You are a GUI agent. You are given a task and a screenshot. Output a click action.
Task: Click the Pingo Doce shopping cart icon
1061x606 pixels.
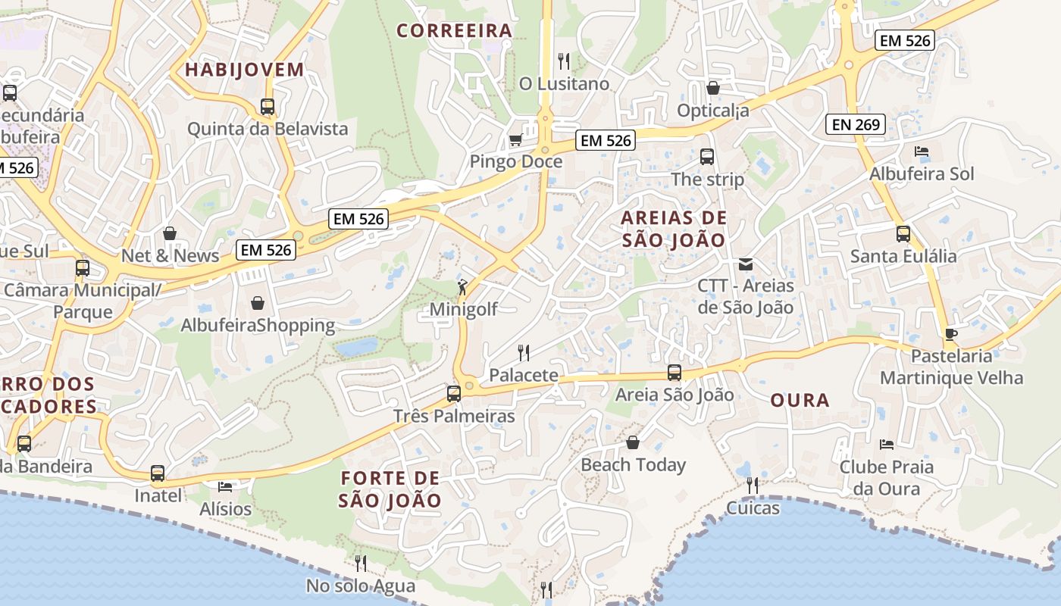(x=515, y=139)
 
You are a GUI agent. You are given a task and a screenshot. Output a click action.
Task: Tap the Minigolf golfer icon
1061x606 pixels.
(x=462, y=286)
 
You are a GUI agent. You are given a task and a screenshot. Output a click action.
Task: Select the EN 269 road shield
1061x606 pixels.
(x=856, y=125)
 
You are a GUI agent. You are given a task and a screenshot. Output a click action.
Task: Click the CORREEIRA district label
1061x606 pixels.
(x=455, y=31)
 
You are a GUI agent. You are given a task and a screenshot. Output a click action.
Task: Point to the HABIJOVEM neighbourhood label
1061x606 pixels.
(x=245, y=70)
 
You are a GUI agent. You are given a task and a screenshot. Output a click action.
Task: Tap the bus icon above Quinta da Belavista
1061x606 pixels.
(x=267, y=107)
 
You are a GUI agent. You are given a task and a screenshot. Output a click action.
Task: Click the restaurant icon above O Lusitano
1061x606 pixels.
(x=563, y=61)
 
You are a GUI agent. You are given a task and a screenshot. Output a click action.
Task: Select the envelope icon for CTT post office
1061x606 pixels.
(x=746, y=264)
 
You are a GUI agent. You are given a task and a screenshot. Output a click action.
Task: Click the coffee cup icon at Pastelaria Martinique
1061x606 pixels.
(x=950, y=334)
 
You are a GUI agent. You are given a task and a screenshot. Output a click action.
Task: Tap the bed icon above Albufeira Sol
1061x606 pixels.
(x=922, y=151)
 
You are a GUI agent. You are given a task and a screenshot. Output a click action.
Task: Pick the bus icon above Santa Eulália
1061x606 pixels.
(x=903, y=233)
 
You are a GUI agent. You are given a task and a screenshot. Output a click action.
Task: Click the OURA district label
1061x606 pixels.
(x=800, y=401)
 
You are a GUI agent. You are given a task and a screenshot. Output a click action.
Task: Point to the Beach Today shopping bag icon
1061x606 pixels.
(x=633, y=442)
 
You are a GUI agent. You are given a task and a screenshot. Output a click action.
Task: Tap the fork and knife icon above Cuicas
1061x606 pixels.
(x=752, y=485)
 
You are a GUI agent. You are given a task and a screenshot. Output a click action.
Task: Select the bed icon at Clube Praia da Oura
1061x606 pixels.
(x=886, y=444)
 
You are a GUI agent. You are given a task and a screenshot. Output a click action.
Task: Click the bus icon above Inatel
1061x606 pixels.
(x=158, y=473)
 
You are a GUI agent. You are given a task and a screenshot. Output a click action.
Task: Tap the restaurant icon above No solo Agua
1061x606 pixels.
(x=361, y=563)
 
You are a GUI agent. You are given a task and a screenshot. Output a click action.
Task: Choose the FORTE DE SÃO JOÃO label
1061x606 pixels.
(x=390, y=489)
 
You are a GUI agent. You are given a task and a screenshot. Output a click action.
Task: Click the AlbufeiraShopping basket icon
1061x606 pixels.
(x=258, y=303)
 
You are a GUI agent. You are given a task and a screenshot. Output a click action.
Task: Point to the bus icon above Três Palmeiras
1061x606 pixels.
(x=453, y=393)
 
